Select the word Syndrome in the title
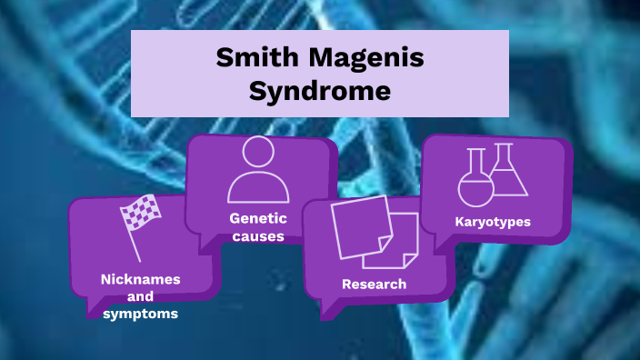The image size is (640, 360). pos(319,91)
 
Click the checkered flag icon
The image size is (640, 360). pos(141,214)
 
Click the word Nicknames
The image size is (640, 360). pos(140,279)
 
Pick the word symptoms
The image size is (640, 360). pos(140,314)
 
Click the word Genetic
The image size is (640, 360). pos(258,218)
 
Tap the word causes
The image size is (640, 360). pos(258,236)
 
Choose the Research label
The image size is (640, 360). pos(374,285)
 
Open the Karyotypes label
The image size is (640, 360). pos(493,221)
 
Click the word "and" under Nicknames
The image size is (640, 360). pos(140,296)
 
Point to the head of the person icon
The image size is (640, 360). pos(258,153)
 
